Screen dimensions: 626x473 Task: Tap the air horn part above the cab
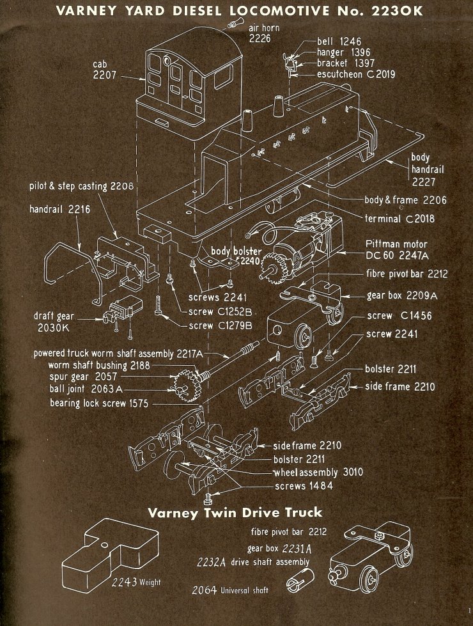pyautogui.click(x=232, y=24)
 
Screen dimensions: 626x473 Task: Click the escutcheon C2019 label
pyautogui.click(x=356, y=74)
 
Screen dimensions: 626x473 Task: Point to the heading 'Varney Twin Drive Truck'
pyautogui.click(x=235, y=513)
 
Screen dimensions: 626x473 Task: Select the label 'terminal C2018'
pyautogui.click(x=399, y=219)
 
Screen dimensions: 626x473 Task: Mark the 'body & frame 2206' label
pyautogui.click(x=405, y=200)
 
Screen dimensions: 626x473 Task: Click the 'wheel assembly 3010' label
pyautogui.click(x=318, y=473)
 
